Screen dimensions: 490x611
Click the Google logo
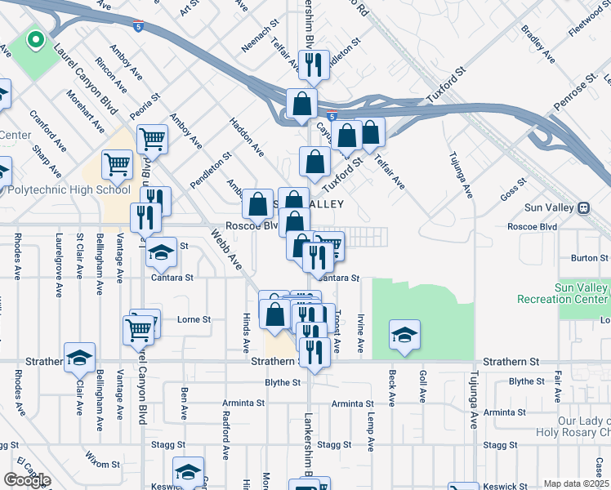[27, 480]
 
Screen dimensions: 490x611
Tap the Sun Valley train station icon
[584, 207]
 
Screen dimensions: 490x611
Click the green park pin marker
[34, 40]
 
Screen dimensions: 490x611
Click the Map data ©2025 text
[577, 483]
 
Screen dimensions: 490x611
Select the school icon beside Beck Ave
[404, 335]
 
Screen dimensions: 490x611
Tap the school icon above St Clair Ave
[80, 358]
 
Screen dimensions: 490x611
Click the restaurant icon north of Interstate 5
[313, 65]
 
